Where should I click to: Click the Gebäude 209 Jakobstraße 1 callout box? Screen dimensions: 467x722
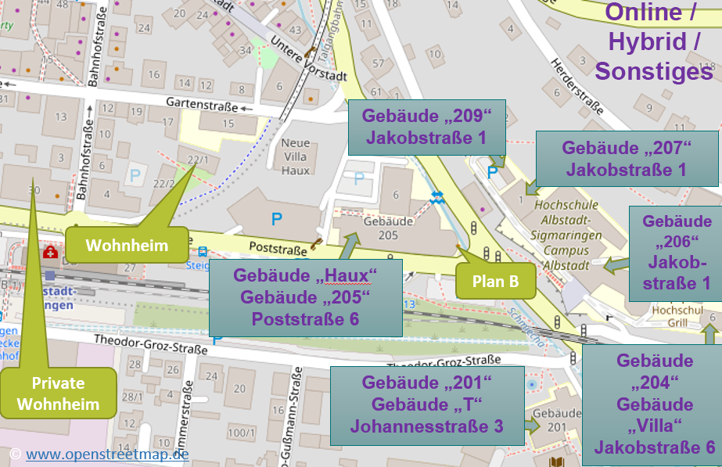tap(426, 128)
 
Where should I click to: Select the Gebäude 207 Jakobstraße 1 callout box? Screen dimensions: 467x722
tap(627, 159)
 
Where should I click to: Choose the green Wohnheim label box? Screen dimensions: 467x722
tap(127, 245)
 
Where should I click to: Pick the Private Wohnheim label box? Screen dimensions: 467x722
tap(59, 393)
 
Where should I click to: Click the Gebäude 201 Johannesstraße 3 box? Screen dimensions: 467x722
tap(426, 404)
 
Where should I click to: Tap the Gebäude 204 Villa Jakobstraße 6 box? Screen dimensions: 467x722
tap(654, 404)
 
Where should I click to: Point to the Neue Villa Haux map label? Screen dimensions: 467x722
tap(296, 157)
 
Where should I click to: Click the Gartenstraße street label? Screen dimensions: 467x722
tap(201, 102)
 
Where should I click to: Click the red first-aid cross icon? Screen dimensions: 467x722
tap(50, 253)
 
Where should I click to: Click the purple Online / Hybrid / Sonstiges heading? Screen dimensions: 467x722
tap(653, 43)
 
